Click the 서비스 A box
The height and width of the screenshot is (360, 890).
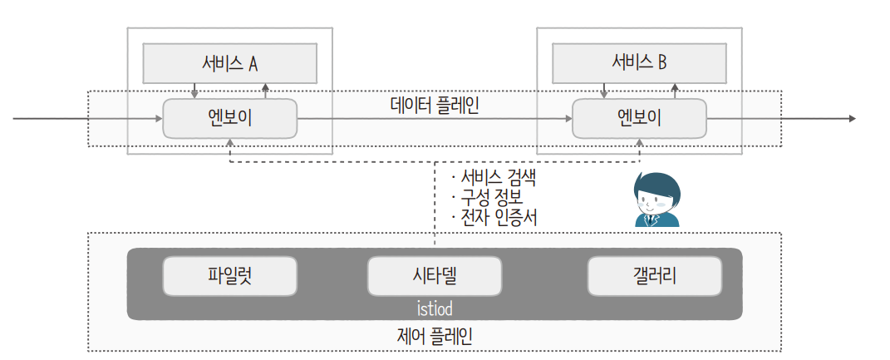click(229, 62)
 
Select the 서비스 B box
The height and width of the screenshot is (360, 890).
click(639, 62)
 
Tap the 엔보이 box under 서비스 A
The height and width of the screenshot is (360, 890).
click(229, 118)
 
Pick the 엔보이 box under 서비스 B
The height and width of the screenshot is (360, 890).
click(639, 118)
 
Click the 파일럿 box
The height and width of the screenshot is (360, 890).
click(229, 275)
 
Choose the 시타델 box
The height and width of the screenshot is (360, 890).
click(435, 275)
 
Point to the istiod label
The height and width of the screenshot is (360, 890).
click(435, 308)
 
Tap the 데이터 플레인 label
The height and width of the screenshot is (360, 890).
click(435, 106)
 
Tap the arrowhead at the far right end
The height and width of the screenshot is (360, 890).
click(851, 119)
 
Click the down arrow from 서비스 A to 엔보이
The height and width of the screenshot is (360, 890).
click(194, 93)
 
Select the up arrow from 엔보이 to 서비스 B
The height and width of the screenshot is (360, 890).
click(675, 87)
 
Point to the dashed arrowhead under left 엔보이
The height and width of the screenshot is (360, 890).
click(229, 143)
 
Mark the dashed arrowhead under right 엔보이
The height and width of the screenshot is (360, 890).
click(639, 143)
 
